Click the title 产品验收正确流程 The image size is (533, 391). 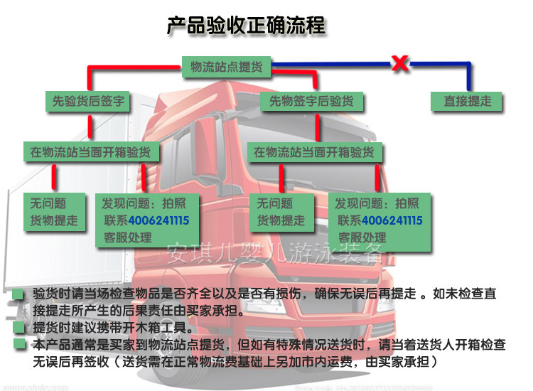246,26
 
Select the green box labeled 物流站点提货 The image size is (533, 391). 227,68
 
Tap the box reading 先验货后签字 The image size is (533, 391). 88,102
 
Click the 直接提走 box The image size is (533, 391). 468,102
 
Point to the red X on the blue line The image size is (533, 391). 400,64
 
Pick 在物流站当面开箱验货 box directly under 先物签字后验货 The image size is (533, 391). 313,151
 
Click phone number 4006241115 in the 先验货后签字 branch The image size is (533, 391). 158,220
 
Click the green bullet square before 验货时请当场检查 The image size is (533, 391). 18,294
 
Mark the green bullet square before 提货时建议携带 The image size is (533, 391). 18,328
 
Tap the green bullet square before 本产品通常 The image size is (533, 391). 18,345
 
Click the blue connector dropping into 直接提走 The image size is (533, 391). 469,78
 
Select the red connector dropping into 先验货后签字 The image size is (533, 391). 89,80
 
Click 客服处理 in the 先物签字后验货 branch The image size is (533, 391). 363,237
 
